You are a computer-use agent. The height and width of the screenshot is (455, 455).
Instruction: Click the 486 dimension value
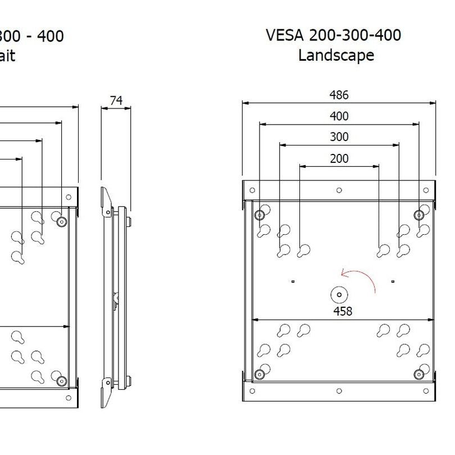339,95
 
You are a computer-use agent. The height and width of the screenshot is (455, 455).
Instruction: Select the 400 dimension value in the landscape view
339,116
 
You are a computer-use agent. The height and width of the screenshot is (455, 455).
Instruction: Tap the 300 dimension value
339,137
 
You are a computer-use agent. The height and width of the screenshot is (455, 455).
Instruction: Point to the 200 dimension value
339,158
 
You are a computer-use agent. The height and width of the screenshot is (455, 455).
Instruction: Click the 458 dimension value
342,311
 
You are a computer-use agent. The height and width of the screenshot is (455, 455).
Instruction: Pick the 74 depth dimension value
116,101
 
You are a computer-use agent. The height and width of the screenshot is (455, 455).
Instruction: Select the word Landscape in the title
336,56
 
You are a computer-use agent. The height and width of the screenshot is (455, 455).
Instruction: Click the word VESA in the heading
285,35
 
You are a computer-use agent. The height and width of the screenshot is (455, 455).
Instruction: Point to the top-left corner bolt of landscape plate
259,215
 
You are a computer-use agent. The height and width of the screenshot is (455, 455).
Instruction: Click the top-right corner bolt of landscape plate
418,215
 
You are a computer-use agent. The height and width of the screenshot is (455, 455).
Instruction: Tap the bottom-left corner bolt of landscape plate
259,375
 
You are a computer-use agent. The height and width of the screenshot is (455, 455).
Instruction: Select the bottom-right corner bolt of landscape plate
418,375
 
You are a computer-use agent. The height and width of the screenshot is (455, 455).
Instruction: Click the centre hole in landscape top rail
339,190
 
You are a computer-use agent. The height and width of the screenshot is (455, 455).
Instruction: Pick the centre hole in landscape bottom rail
339,390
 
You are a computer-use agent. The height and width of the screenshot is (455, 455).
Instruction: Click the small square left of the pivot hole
293,280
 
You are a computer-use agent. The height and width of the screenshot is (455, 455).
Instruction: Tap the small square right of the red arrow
393,280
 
